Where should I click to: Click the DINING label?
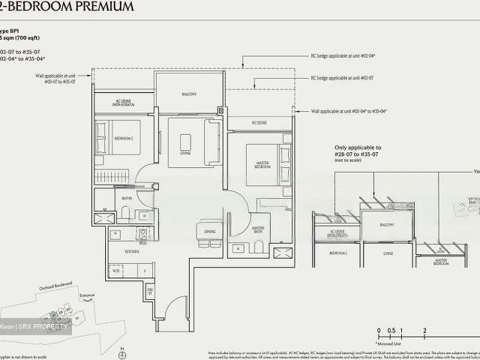click(x=209, y=232)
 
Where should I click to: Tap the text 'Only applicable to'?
click(x=358, y=148)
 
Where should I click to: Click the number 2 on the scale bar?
click(x=424, y=330)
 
